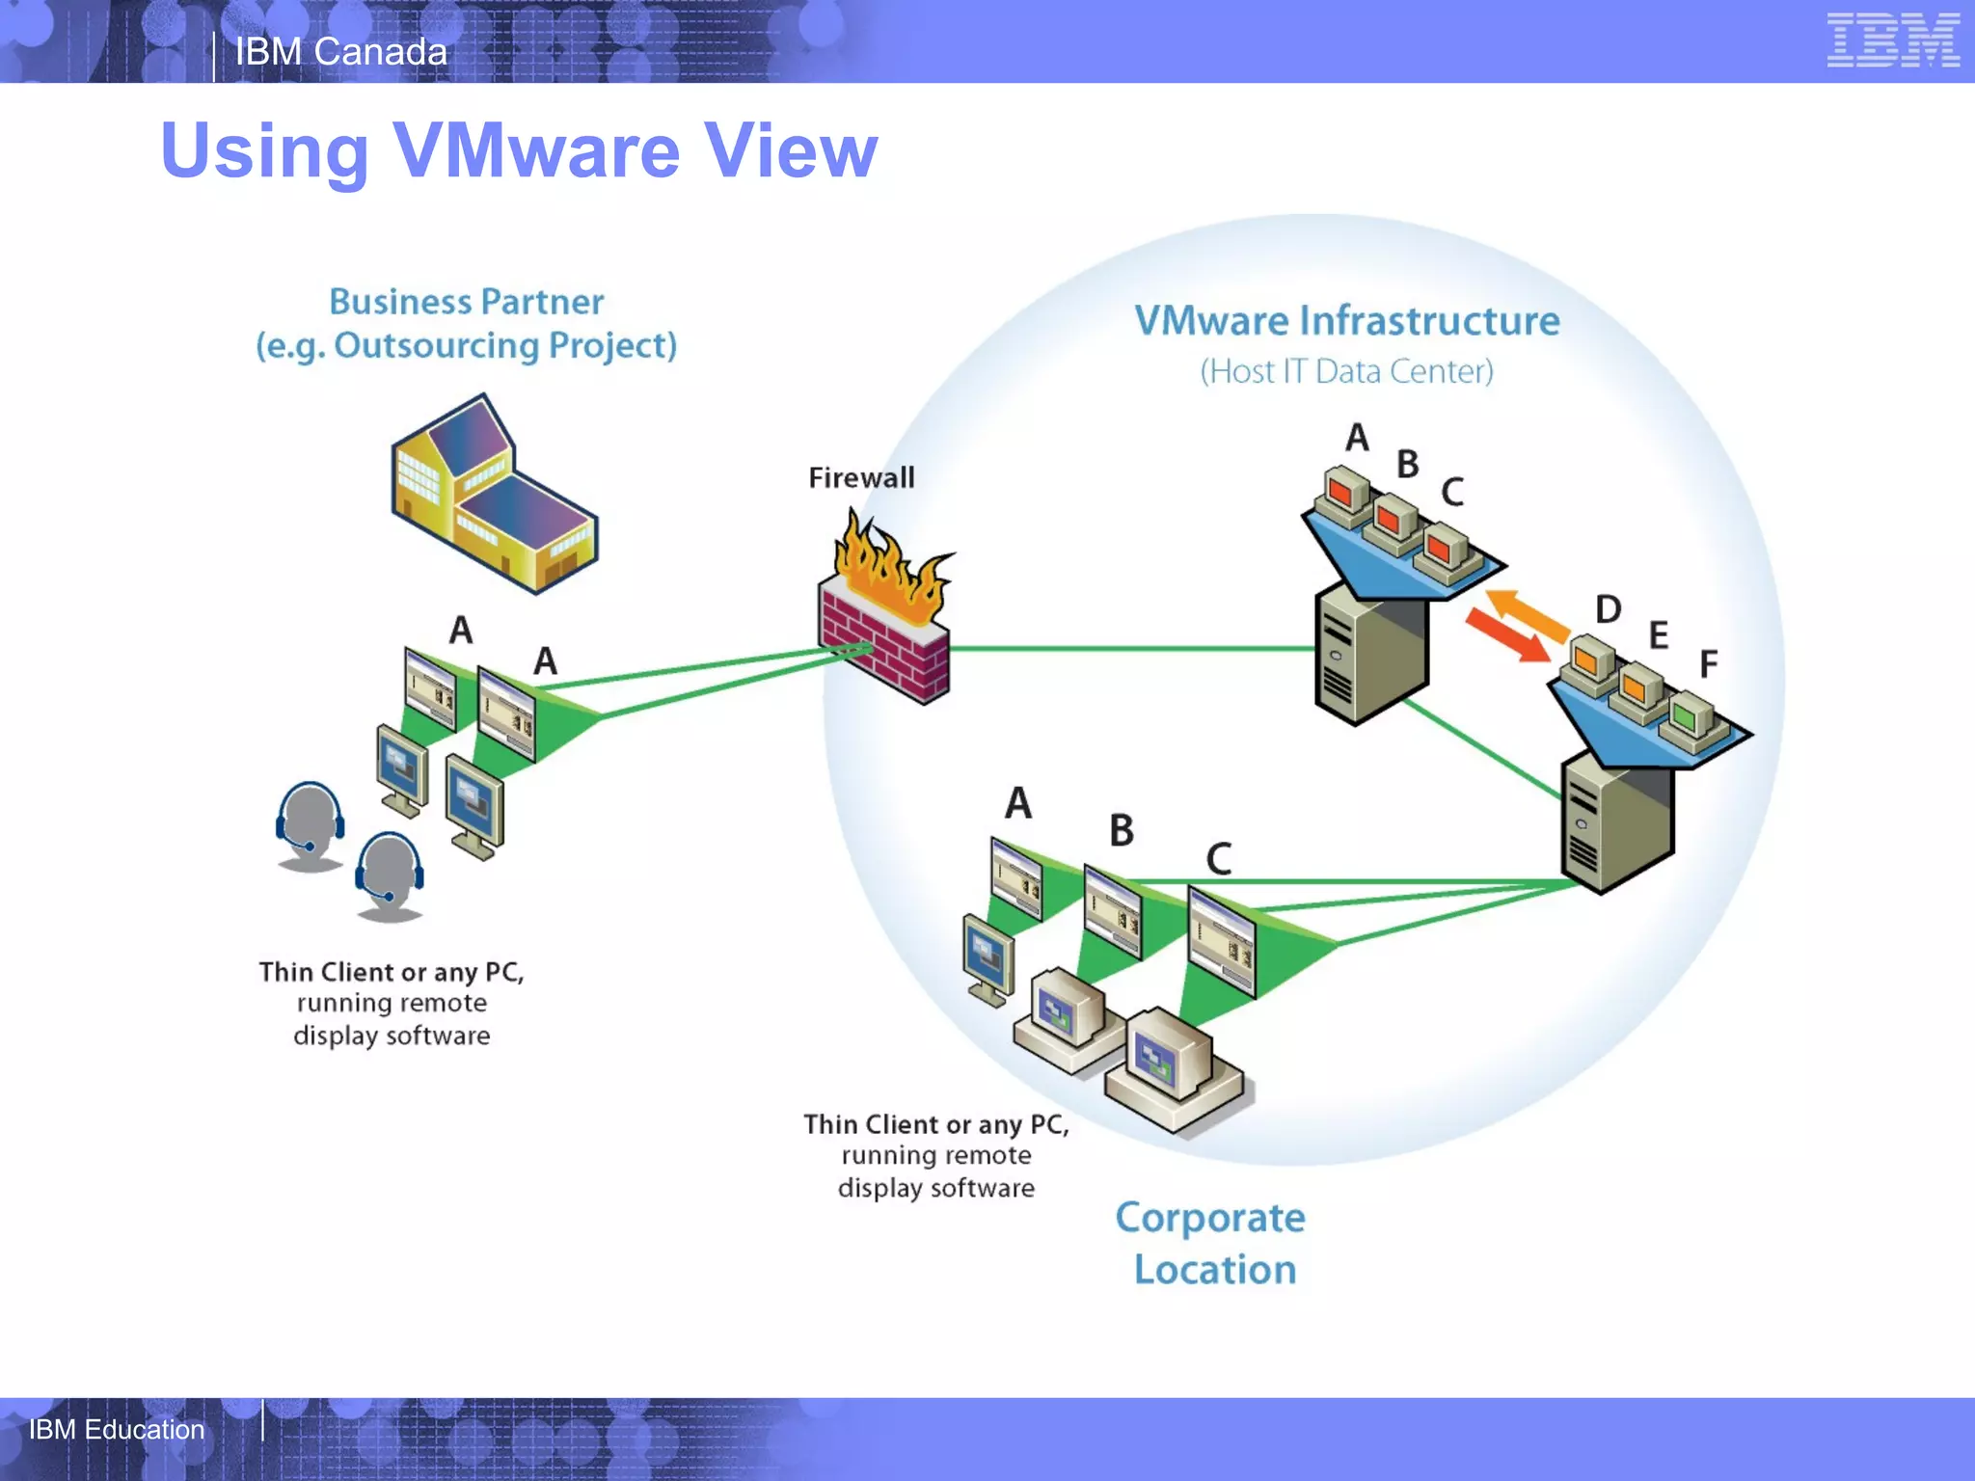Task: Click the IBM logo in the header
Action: pyautogui.click(x=1892, y=40)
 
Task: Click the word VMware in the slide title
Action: pyautogui.click(x=537, y=151)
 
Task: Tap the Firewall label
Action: pyautogui.click(x=861, y=477)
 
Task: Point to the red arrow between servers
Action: pyautogui.click(x=1506, y=635)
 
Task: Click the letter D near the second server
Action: pyautogui.click(x=1608, y=609)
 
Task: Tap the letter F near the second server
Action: pyautogui.click(x=1708, y=664)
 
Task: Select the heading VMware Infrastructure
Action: pyautogui.click(x=1346, y=321)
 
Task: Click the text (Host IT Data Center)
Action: pyautogui.click(x=1346, y=371)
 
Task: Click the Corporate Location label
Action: pyautogui.click(x=1212, y=1243)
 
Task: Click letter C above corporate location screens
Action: pyautogui.click(x=1219, y=858)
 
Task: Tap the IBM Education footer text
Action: pyautogui.click(x=117, y=1429)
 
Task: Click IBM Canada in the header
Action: pyautogui.click(x=341, y=52)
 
